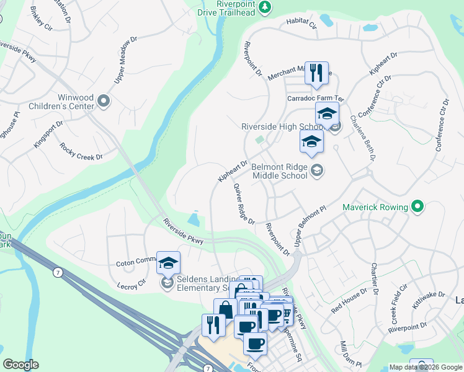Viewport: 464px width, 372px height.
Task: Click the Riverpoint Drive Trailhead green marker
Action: click(265, 7)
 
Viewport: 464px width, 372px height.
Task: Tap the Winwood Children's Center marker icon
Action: click(104, 100)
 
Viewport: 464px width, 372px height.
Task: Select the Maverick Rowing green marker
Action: click(418, 206)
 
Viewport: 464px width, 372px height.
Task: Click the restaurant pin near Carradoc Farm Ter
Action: click(317, 73)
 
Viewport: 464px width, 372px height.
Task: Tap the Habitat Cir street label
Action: click(301, 24)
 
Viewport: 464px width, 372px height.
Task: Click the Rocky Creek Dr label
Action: click(81, 152)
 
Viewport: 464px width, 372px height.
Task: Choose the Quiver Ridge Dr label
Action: click(244, 204)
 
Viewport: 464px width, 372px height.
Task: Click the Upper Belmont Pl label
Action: click(310, 227)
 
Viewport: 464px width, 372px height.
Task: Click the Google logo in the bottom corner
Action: click(20, 365)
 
